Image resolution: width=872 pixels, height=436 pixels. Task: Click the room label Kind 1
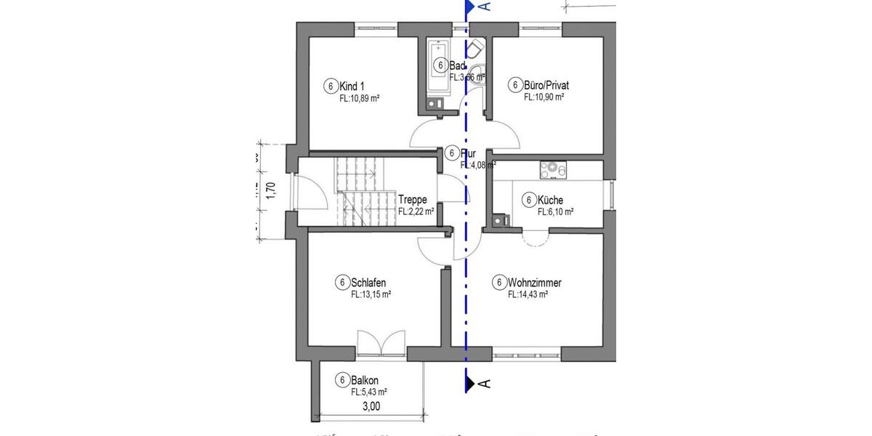click(x=352, y=86)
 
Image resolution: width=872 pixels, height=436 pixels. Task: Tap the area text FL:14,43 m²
click(x=528, y=294)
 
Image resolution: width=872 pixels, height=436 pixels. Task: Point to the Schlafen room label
click(x=367, y=282)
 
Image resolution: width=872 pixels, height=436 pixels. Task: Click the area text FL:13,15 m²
click(x=371, y=294)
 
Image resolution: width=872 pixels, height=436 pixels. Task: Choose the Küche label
click(x=550, y=200)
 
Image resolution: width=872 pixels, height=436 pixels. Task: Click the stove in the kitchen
click(x=553, y=169)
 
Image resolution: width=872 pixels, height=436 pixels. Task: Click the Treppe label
click(x=412, y=200)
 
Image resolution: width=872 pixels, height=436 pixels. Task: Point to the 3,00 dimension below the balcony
click(x=371, y=407)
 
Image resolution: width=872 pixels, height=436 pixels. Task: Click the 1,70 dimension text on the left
click(x=270, y=190)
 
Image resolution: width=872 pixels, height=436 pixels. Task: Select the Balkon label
click(x=366, y=380)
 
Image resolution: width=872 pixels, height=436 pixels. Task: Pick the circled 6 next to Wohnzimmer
click(x=498, y=282)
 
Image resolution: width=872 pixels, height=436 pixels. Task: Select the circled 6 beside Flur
click(x=452, y=153)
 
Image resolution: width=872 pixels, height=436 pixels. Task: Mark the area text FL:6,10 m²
click(x=555, y=212)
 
